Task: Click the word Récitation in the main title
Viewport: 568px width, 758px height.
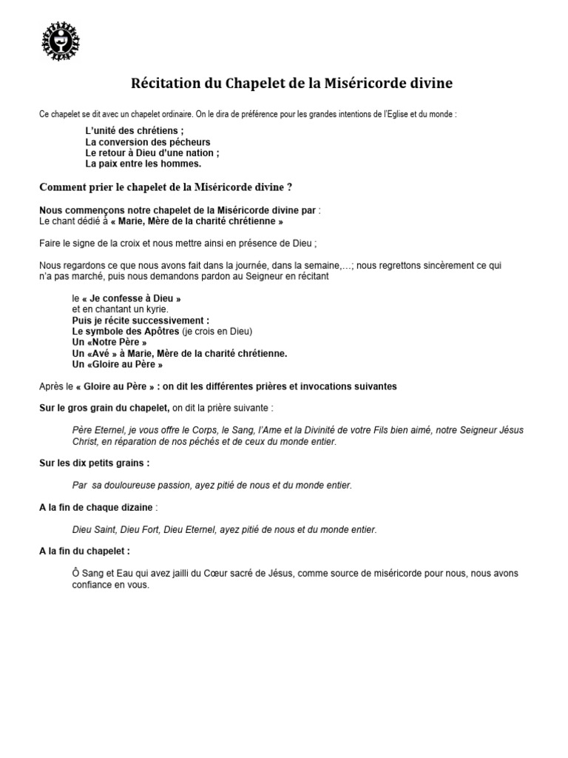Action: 168,82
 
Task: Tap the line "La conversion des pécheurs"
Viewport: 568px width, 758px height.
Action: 148,142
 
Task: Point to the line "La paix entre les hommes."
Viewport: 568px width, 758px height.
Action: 143,164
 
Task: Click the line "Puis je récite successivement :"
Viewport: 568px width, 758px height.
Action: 141,321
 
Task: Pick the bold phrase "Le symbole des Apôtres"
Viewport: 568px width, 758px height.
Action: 126,332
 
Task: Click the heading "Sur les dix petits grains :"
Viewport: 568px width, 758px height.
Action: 94,463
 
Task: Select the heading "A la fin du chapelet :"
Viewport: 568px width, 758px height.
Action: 85,551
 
